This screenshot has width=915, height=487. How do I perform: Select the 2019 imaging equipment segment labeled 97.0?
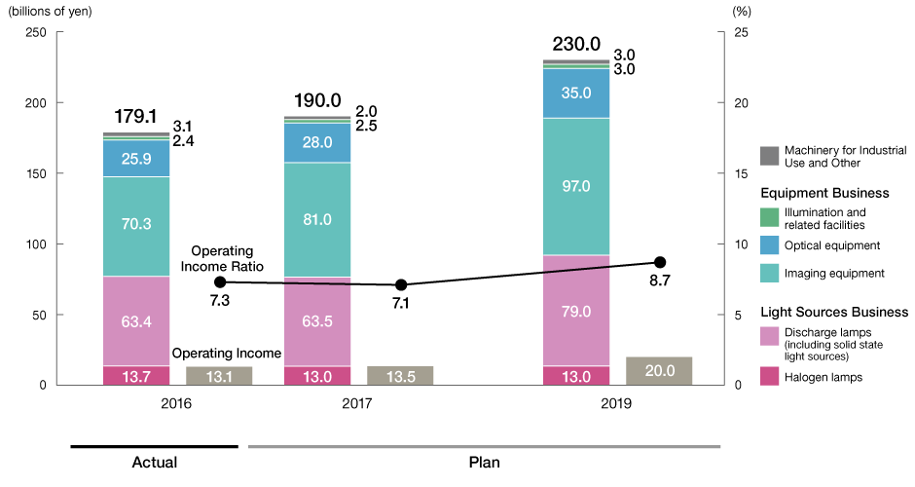coord(576,186)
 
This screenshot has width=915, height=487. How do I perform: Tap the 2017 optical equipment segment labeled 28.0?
coord(316,142)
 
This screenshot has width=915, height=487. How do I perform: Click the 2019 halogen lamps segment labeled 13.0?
coord(576,376)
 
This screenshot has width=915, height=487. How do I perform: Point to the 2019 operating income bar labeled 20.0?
coord(659,370)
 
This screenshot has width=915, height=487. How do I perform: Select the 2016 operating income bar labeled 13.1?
coord(219,375)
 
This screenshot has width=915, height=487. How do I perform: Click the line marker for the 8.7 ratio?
coord(660,262)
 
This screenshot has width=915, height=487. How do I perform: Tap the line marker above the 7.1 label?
coord(401,284)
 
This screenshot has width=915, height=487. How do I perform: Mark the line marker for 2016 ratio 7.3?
coord(220,281)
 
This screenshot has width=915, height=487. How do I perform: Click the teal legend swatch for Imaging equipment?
coord(769,275)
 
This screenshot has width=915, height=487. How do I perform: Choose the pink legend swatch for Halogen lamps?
coord(769,375)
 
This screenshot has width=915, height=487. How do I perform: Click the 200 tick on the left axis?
coord(34,103)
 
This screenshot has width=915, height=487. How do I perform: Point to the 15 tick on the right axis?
coord(741,173)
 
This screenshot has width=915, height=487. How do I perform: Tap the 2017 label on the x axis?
coord(317,402)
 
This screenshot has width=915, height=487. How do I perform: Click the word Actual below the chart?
coord(154,462)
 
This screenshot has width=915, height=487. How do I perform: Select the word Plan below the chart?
coord(484,462)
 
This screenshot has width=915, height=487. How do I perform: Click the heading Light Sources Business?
coord(833,312)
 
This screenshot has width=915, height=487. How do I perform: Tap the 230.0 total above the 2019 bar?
coord(576,44)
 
